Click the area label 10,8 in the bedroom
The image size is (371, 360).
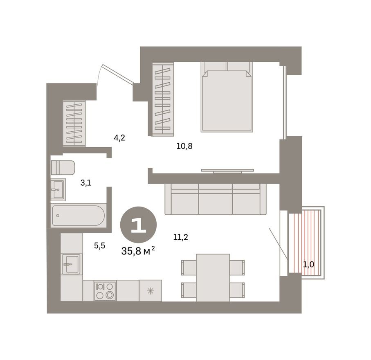(x=184, y=146)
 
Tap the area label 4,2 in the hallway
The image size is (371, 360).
(x=119, y=138)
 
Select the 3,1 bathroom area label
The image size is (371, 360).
(x=85, y=183)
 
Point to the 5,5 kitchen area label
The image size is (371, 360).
(x=99, y=245)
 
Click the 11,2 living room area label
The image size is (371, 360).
(x=180, y=236)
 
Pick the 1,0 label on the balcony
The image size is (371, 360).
(x=308, y=264)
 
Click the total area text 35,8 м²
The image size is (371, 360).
(x=138, y=251)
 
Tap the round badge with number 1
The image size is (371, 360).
(x=138, y=225)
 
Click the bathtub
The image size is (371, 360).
(x=79, y=216)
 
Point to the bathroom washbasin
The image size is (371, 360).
(x=58, y=189)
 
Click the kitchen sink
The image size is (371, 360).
(x=72, y=264)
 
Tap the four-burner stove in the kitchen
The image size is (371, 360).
(x=105, y=290)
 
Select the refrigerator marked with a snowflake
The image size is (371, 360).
(x=150, y=290)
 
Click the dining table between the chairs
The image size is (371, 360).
(x=213, y=277)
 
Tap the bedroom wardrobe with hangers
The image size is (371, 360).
(x=163, y=99)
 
